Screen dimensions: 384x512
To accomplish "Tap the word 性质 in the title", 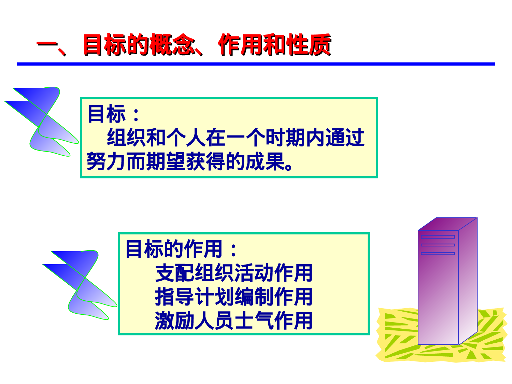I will point(309,45).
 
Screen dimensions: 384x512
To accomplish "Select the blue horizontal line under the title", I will point(256,64).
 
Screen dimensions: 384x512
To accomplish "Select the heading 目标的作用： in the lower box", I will point(181,249).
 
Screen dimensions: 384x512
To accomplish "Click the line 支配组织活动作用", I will point(234,273).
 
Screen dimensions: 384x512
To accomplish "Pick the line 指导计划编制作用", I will point(234,297).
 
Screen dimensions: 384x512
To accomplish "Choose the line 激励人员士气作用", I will point(234,321).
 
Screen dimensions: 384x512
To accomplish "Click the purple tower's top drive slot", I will point(438,237).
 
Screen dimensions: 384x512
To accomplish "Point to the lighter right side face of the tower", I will point(468,283).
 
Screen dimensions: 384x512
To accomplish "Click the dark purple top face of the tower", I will point(447,224).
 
